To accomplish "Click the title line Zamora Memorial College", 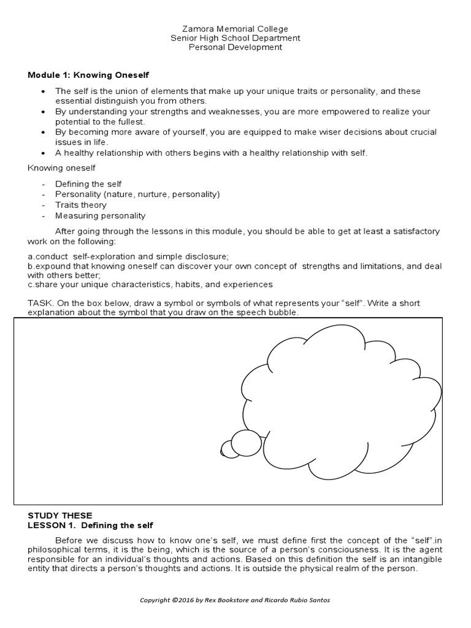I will click(235, 29).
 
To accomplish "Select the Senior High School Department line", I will click(235, 38).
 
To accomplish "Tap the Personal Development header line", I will click(235, 47).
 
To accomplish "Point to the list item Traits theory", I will click(80, 205).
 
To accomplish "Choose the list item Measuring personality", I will click(91, 215).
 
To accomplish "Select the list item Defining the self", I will click(88, 184).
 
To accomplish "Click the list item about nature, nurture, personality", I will click(137, 194).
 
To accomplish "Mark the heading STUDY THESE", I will click(59, 515).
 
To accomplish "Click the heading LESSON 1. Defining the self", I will click(90, 526).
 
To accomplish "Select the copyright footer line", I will click(235, 600).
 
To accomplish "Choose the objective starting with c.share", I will click(150, 285).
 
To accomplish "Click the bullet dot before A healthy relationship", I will click(42, 153).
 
